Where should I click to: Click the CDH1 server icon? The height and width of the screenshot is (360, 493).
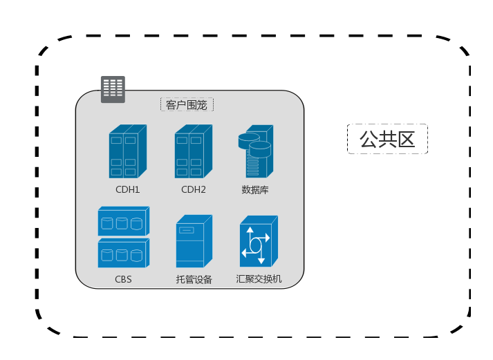pyautogui.click(x=128, y=151)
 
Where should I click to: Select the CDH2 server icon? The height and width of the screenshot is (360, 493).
pyautogui.click(x=194, y=151)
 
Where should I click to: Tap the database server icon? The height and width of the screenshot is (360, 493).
pyautogui.click(x=256, y=151)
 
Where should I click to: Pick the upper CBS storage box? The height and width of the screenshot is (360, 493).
pyautogui.click(x=124, y=221)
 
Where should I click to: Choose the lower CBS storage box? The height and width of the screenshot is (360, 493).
pyautogui.click(x=124, y=253)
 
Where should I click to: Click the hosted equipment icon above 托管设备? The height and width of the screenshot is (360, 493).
pyautogui.click(x=194, y=241)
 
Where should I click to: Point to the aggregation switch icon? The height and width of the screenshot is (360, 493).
pyautogui.click(x=259, y=241)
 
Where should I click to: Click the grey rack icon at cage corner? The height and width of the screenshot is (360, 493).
pyautogui.click(x=113, y=89)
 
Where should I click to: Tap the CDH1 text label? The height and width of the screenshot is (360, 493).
pyautogui.click(x=128, y=190)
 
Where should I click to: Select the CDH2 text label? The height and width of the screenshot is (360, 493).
pyautogui.click(x=194, y=190)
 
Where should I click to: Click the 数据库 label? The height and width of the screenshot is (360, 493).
pyautogui.click(x=255, y=190)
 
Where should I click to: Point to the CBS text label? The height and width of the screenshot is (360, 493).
pyautogui.click(x=123, y=279)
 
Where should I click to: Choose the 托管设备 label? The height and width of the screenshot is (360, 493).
pyautogui.click(x=194, y=279)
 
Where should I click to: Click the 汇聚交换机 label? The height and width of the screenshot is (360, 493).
pyautogui.click(x=259, y=279)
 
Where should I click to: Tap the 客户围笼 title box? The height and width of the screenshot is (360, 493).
pyautogui.click(x=187, y=104)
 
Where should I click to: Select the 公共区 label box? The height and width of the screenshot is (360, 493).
pyautogui.click(x=387, y=139)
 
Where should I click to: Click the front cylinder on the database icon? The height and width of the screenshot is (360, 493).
pyautogui.click(x=260, y=149)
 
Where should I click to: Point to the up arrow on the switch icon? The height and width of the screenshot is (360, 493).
pyautogui.click(x=250, y=233)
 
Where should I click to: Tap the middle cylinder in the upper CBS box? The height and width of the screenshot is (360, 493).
pyautogui.click(x=122, y=224)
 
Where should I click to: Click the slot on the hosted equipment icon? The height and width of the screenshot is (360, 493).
pyautogui.click(x=187, y=230)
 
